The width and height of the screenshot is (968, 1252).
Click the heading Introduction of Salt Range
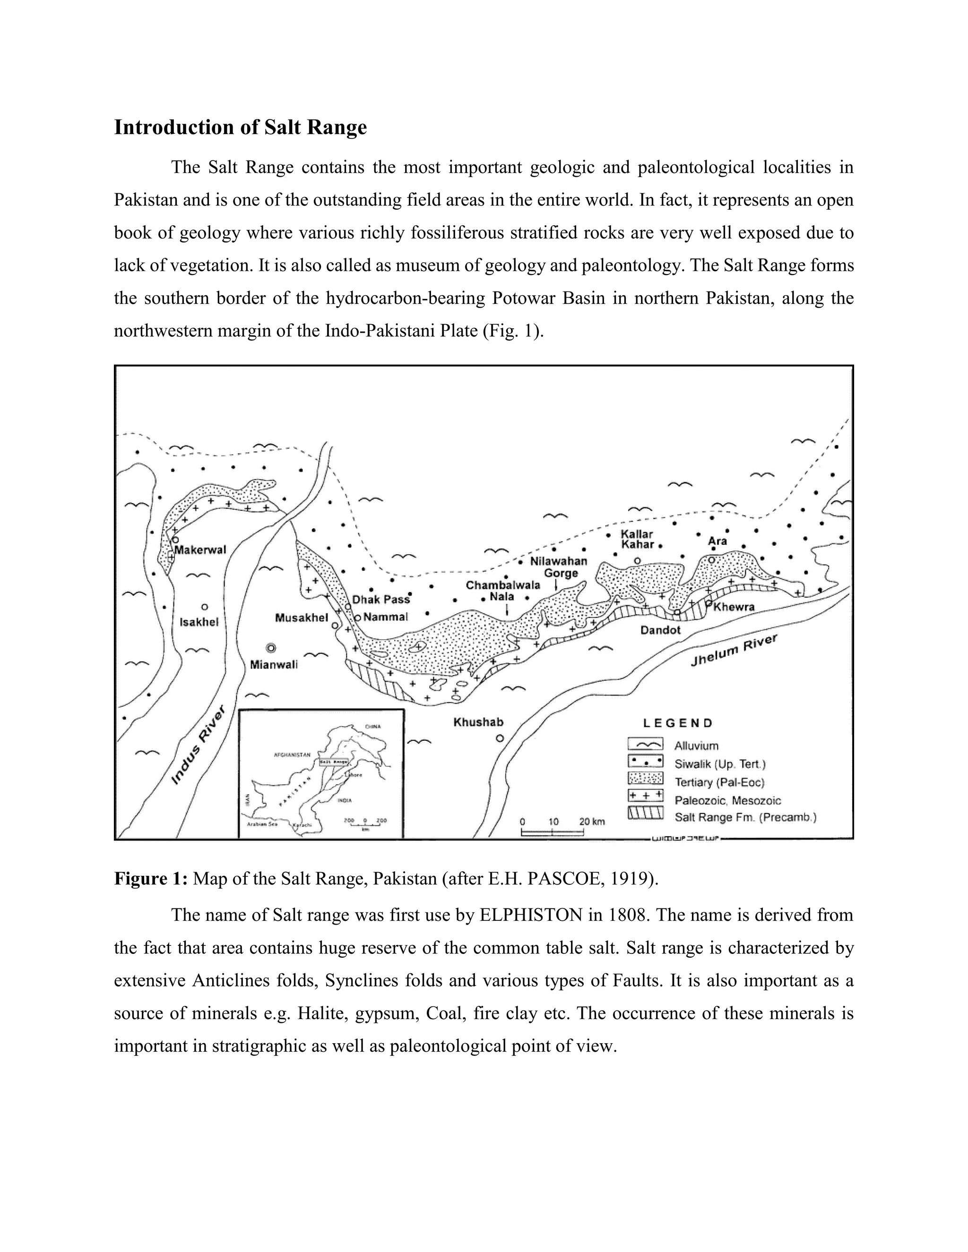point(240,127)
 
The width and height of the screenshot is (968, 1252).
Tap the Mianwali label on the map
point(274,665)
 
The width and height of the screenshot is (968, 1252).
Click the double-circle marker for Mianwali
point(271,648)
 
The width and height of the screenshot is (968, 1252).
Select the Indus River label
point(199,745)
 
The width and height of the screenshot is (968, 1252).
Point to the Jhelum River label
point(734,651)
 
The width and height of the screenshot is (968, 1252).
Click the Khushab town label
point(478,722)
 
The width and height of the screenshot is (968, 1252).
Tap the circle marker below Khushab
point(500,738)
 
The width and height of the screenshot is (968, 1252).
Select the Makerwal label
point(200,550)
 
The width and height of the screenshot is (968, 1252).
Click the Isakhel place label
point(199,622)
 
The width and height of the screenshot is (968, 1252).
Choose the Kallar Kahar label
point(638,540)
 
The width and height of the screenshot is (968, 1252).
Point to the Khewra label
point(734,607)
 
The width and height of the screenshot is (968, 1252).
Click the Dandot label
point(660,630)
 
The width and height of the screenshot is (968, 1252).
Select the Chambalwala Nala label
point(502,591)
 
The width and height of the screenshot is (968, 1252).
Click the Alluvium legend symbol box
point(645,745)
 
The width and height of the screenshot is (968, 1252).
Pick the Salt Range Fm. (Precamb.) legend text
point(745,817)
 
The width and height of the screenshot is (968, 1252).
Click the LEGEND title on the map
point(677,723)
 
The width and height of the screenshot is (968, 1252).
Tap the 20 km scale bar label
point(591,822)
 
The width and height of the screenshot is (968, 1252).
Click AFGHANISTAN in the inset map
point(292,755)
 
